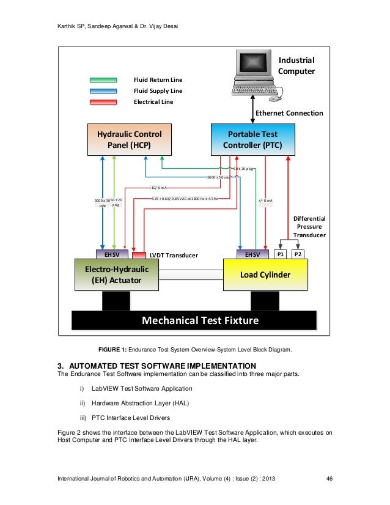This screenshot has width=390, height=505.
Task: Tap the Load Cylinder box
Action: point(264,275)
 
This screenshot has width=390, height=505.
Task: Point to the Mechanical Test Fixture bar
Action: point(194,320)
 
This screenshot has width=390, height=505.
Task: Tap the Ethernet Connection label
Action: point(289,113)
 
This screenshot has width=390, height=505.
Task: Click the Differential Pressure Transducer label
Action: point(309,226)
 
